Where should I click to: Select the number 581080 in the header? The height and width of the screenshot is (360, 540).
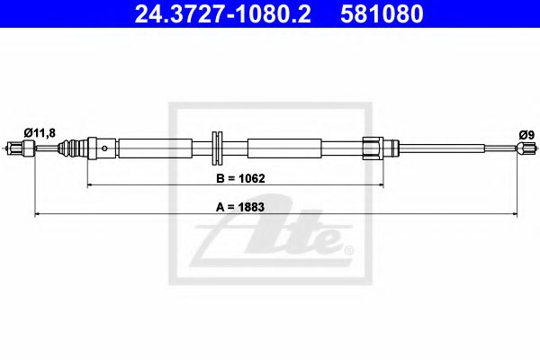tap(381, 14)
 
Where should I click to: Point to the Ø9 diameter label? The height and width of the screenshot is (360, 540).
tap(526, 134)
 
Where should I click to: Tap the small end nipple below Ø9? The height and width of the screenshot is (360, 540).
tap(520, 148)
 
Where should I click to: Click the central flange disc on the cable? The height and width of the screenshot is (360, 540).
tap(217, 148)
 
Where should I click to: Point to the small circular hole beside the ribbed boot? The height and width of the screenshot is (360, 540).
tap(106, 148)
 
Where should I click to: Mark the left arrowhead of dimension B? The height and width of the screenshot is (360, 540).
tap(89, 184)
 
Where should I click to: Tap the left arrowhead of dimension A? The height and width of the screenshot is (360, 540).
tap(37, 213)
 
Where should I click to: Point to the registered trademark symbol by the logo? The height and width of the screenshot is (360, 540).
tap(348, 249)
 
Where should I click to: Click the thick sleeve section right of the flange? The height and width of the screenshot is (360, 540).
tap(283, 148)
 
